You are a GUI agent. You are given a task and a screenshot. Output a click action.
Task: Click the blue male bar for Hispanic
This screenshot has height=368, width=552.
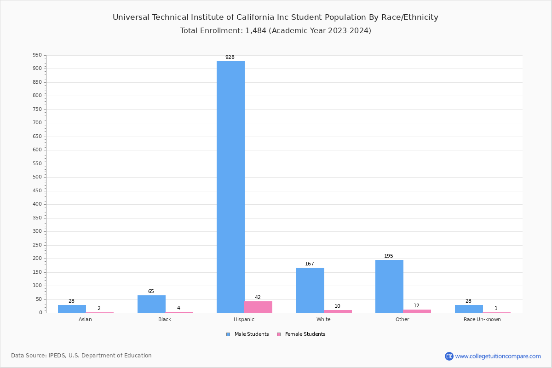point(230,187)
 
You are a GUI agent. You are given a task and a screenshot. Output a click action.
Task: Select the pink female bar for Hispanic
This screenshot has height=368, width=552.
point(258,307)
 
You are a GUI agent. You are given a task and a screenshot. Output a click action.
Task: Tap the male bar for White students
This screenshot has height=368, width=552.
point(310,290)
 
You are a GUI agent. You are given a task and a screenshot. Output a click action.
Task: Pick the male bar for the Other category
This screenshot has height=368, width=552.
point(389,286)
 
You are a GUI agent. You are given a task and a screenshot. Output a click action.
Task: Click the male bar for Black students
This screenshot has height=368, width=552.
point(151,304)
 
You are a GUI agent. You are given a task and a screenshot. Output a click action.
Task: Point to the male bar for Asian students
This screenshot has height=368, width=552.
point(72,309)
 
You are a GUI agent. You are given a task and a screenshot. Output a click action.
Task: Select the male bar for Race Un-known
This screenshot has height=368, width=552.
point(469,309)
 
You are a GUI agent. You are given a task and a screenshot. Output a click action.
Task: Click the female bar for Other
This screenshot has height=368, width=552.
point(417,311)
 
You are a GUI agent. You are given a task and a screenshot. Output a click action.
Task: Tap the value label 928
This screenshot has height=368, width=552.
point(230,57)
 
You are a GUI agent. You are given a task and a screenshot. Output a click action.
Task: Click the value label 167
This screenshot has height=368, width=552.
point(310,264)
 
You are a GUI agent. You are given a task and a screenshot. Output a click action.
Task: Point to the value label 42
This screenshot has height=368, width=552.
point(258,298)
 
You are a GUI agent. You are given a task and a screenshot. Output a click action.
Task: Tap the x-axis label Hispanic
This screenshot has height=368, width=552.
point(244,320)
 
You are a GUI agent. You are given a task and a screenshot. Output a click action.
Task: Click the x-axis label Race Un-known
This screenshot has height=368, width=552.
point(482,320)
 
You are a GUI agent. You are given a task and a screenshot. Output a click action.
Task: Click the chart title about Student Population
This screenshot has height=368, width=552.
point(276,17)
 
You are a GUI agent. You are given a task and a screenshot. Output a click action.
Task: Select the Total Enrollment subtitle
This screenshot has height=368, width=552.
point(276,31)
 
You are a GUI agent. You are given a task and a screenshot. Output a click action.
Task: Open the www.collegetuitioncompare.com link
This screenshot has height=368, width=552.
point(498,356)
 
